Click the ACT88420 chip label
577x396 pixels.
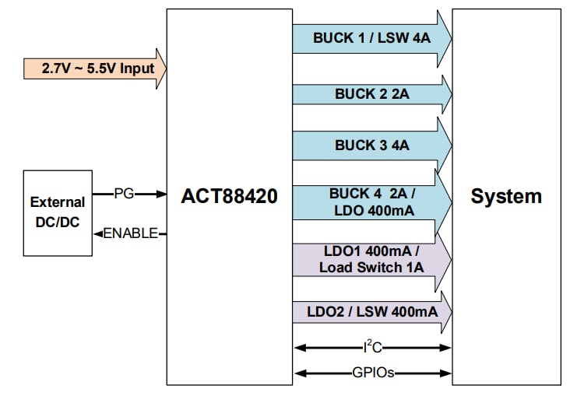coord(229,196)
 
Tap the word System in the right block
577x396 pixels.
coord(505,196)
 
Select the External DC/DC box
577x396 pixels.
coord(57,212)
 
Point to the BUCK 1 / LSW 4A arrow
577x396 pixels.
coord(371,37)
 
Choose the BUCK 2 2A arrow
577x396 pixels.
coord(371,94)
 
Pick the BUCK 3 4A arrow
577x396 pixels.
coord(371,145)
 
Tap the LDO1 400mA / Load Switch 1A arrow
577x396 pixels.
coord(371,260)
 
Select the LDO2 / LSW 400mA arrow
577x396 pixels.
coord(371,312)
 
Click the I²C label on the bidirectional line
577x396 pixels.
coord(372,348)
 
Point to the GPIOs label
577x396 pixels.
coord(372,373)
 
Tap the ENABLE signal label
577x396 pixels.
coord(131,233)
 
